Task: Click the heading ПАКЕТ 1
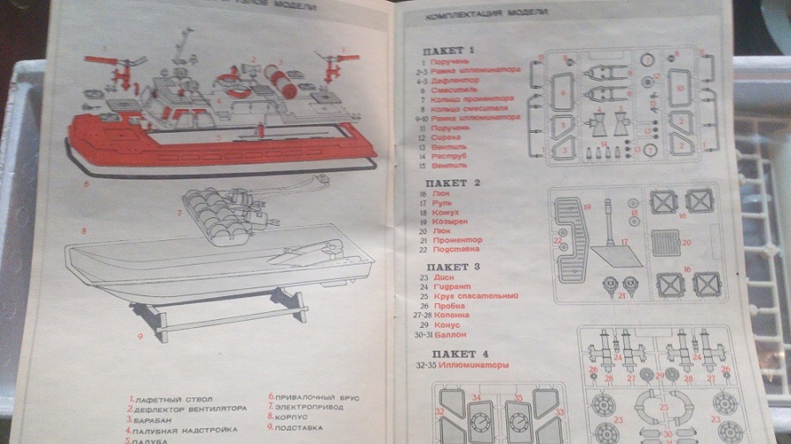[x=448, y=50]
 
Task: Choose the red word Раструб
[x=448, y=155]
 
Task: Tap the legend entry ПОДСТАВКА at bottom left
[x=299, y=427]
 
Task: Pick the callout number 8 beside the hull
[x=83, y=231]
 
